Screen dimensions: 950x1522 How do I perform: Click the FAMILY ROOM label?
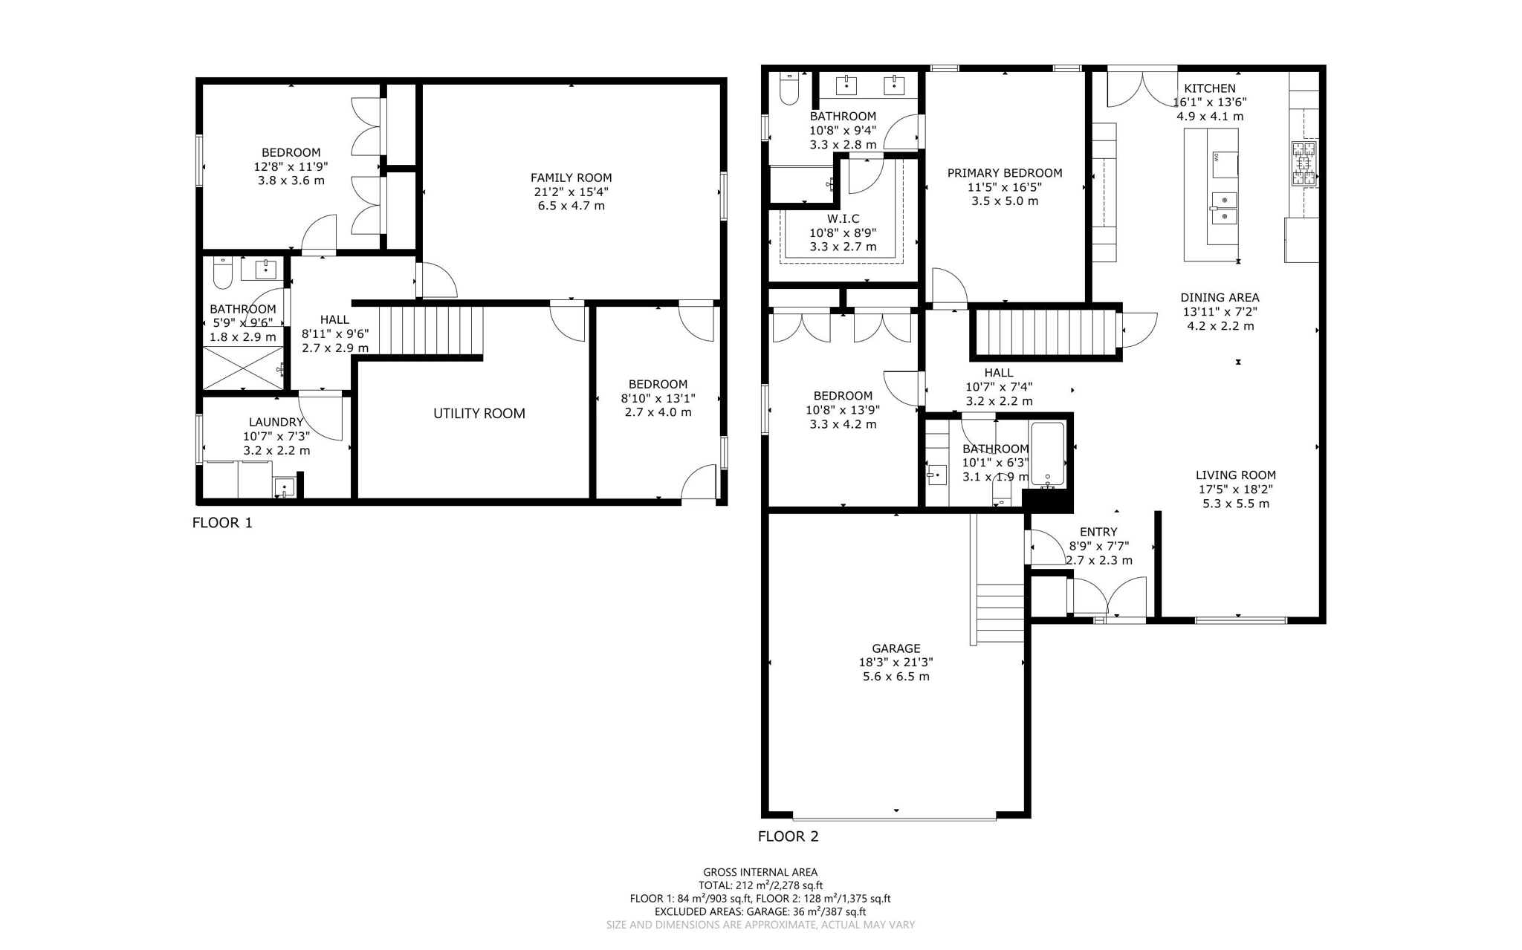coord(571,178)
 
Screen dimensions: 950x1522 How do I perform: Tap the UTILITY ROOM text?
coord(479,414)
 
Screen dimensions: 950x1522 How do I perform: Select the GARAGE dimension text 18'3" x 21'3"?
coord(896,662)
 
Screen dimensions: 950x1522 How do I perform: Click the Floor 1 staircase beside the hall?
coord(431,331)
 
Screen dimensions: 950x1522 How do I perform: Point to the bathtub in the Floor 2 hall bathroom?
coord(1048,454)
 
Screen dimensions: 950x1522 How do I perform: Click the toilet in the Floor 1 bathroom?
coord(222,273)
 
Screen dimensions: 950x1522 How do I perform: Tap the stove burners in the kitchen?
coord(1304,163)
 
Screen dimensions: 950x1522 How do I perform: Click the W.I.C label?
coord(843,218)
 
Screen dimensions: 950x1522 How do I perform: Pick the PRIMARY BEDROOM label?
coord(1004,173)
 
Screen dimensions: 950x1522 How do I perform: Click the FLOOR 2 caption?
coord(788,836)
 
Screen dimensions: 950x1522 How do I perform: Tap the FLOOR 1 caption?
coord(222,523)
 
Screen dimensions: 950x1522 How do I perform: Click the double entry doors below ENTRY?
coord(1107,596)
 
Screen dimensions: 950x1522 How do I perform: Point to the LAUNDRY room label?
coord(276,422)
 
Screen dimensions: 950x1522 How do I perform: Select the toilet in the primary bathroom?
coord(788,89)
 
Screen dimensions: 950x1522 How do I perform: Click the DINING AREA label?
coord(1220,298)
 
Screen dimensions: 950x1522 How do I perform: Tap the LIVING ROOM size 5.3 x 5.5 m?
coord(1235,504)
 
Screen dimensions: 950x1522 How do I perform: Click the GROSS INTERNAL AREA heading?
coord(760,872)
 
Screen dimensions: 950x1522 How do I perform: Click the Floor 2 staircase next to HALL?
coord(1045,332)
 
